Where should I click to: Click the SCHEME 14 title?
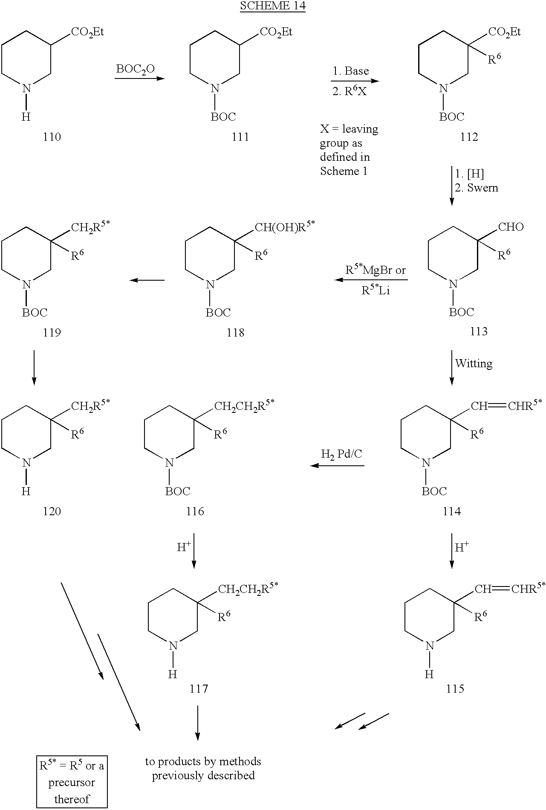[273, 6]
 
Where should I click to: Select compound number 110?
[52, 137]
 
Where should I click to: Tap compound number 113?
[479, 331]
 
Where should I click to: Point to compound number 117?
[199, 688]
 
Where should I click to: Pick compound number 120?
[52, 511]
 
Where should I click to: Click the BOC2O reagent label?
[136, 70]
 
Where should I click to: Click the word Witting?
[474, 363]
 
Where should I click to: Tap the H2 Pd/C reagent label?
[341, 454]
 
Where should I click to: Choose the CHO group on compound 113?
[511, 226]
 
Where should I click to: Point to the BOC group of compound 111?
[223, 117]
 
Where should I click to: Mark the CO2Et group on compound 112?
[505, 32]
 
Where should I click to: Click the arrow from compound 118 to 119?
[147, 280]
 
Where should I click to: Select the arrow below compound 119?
[34, 368]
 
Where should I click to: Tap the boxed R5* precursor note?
[72, 783]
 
